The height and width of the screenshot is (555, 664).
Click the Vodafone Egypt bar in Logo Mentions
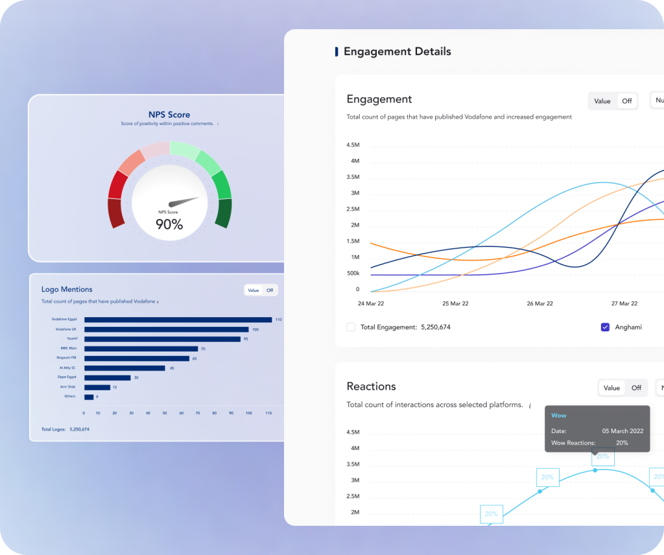pos(178,319)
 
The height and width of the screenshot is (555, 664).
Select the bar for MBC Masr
pos(141,348)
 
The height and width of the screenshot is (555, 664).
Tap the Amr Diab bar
pos(97,387)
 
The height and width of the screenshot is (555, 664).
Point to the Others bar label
pos(69,396)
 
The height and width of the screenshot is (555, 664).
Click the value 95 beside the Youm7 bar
pos(246,338)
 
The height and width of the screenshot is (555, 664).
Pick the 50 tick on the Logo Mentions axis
pos(165,412)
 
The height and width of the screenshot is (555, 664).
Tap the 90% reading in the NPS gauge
pos(169,224)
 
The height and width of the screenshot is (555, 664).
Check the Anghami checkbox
pos(605,327)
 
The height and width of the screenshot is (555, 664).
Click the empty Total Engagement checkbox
pos(351,327)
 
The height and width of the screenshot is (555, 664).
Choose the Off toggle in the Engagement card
pos(627,101)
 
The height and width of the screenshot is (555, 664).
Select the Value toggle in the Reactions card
pos(611,388)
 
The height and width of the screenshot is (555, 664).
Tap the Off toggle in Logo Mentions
pos(270,290)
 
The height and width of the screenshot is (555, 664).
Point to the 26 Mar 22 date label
pos(539,303)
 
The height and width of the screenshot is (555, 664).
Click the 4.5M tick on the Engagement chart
pos(353,145)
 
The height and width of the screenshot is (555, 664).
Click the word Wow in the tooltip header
pos(558,415)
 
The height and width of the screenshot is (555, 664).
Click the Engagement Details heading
pos(397,51)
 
